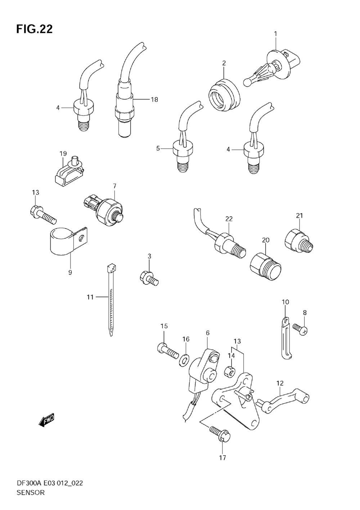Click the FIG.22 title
(x=34, y=29)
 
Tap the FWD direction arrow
(x=46, y=420)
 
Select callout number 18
(x=154, y=99)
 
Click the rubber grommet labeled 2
(x=224, y=92)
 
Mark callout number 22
(x=229, y=219)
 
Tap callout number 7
(x=114, y=186)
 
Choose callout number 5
(x=158, y=148)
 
